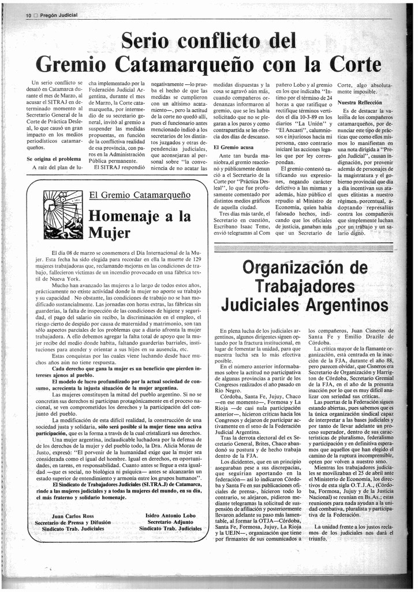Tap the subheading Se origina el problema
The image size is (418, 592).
click(x=54, y=159)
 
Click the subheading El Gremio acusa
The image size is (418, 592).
click(x=234, y=147)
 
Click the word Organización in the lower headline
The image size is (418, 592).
click(x=305, y=268)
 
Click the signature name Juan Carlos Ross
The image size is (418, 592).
click(x=73, y=515)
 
